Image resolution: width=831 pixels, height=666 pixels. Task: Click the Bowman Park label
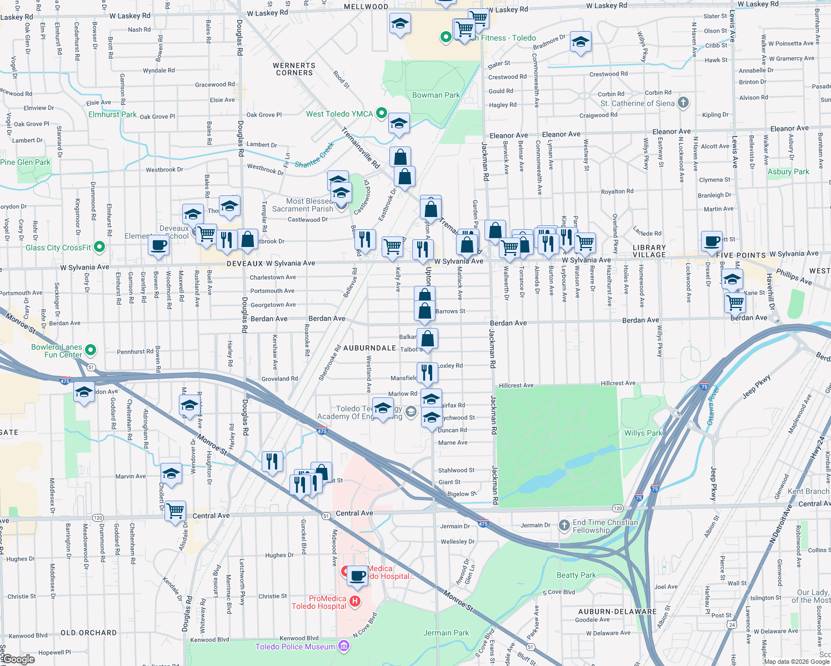(436, 95)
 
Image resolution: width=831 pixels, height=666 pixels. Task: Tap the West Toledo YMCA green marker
(381, 113)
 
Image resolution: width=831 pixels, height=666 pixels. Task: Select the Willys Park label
(643, 433)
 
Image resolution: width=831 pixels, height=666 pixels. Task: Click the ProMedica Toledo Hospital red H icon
(355, 601)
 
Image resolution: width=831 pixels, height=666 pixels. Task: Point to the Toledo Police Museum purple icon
(344, 646)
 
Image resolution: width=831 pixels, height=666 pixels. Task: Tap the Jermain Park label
(446, 633)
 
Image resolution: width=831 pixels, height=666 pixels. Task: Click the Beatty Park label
(576, 575)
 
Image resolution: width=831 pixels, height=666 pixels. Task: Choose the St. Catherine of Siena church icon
(683, 103)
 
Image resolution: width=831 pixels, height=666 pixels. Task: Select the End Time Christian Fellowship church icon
(564, 525)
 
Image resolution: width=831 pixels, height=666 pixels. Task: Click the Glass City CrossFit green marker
(99, 247)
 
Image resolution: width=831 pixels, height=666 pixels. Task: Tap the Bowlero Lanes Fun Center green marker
(91, 350)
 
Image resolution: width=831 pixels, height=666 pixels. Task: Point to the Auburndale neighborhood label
(370, 348)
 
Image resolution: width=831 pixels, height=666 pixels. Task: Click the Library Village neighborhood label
(649, 251)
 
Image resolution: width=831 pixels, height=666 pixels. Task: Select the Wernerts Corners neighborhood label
(294, 69)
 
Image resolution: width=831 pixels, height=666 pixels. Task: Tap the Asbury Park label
(788, 171)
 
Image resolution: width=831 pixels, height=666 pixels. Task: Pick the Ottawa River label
(713, 406)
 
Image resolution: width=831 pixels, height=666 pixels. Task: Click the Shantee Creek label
(314, 155)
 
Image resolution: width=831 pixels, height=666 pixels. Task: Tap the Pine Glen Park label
(26, 162)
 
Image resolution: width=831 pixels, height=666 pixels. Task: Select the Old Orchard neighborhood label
(88, 633)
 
